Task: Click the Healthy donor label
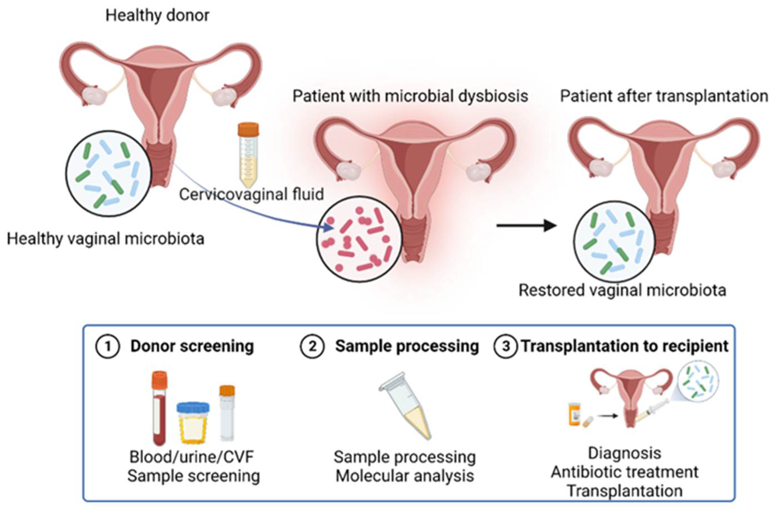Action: point(157,16)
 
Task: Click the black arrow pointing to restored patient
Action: point(526,225)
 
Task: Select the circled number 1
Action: point(107,346)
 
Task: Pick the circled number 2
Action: point(312,346)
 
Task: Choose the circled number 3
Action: point(505,346)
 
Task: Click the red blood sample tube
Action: point(159,408)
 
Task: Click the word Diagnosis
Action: point(624,453)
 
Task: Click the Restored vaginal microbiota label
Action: point(622,290)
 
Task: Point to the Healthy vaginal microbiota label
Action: point(105,239)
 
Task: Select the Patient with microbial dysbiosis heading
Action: point(410,96)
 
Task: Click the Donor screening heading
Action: point(192,346)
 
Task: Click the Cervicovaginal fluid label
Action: point(251,195)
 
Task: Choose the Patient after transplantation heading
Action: point(664,96)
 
